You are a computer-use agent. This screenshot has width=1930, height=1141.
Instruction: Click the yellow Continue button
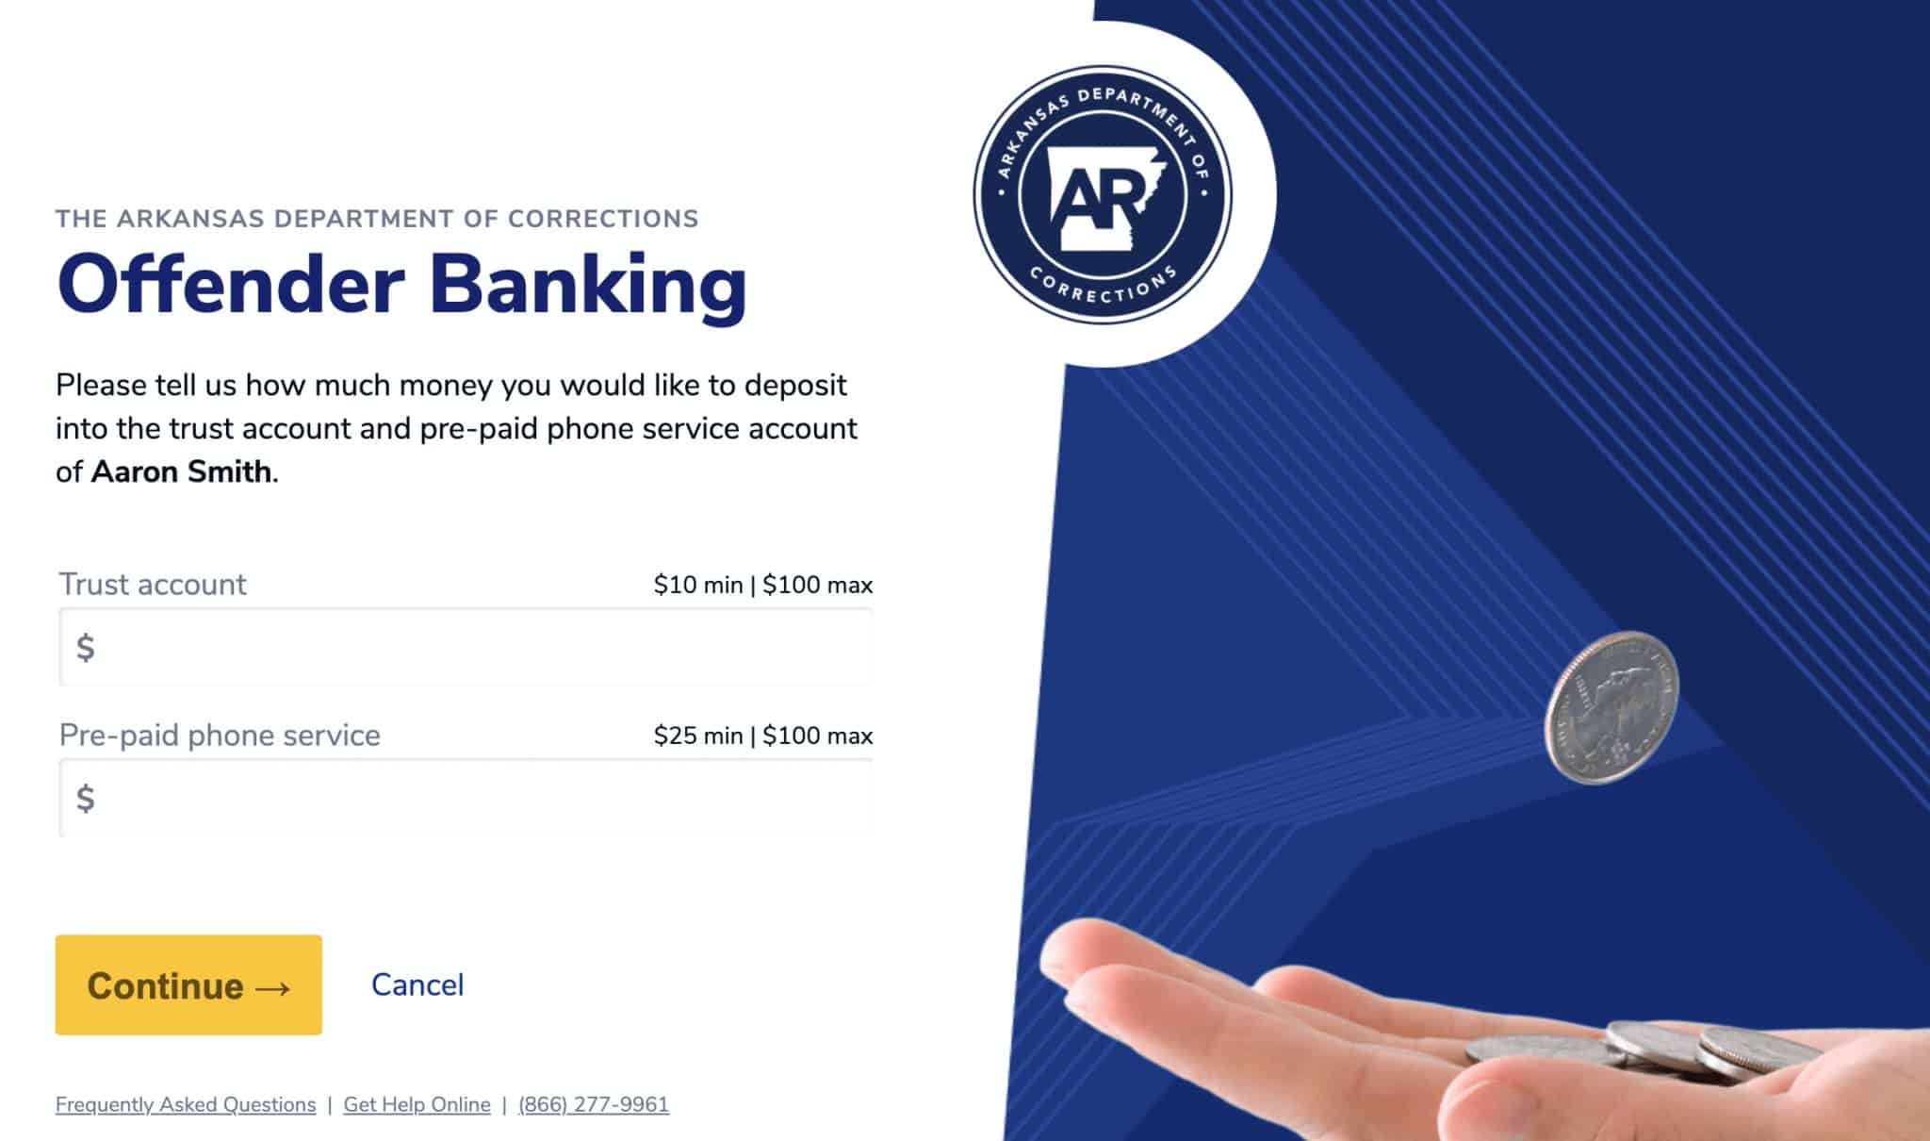(x=188, y=984)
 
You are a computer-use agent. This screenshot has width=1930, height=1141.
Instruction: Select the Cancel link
(x=417, y=984)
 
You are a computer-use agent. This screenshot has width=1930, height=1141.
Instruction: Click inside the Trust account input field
(x=466, y=647)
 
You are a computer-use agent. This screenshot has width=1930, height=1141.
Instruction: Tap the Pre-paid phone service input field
(x=466, y=798)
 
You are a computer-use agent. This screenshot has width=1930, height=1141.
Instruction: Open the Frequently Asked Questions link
(x=186, y=1104)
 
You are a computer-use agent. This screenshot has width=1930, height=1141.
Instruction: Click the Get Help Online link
(x=417, y=1104)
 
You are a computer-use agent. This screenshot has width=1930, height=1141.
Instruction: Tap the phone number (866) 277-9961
(x=594, y=1104)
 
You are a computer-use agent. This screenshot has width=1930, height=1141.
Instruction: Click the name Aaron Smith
(x=181, y=471)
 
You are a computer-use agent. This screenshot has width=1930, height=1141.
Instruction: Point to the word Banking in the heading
(x=588, y=286)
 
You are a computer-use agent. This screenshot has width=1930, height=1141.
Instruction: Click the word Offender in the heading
(x=231, y=285)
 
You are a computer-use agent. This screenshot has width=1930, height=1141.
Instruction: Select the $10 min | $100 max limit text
(x=763, y=585)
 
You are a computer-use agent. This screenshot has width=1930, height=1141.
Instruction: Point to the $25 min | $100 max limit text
(x=763, y=736)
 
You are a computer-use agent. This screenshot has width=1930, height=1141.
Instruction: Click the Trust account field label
(x=153, y=585)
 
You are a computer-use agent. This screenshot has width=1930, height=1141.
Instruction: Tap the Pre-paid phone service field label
(x=220, y=736)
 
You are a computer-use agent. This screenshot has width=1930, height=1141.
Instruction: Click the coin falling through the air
(x=1611, y=708)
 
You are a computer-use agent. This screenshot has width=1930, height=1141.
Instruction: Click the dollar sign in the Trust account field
(x=85, y=648)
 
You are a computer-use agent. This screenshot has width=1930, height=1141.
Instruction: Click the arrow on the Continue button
(x=272, y=987)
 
